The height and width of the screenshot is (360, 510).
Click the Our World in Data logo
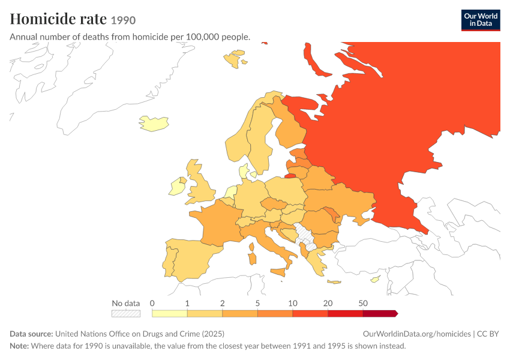(x=481, y=20)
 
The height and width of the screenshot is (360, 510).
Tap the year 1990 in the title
(x=123, y=20)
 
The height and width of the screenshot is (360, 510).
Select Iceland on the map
(x=154, y=124)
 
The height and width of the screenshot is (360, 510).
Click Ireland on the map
(x=176, y=187)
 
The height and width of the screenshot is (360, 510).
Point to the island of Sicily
(x=278, y=272)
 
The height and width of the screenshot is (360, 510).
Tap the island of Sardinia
(x=252, y=259)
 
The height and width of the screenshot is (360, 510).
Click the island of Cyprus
(x=376, y=279)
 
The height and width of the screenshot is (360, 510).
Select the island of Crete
(x=334, y=282)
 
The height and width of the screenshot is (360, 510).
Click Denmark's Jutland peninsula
(x=243, y=171)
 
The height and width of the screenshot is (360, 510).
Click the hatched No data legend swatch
(x=126, y=313)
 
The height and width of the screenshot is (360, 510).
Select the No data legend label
(x=126, y=304)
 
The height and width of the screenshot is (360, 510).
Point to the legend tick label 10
(x=292, y=304)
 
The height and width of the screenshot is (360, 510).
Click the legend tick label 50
(x=363, y=304)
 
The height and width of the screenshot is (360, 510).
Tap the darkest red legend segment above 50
(x=380, y=313)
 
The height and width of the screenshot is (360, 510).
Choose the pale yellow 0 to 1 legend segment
(x=169, y=313)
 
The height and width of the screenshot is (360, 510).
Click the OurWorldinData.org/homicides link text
(x=416, y=334)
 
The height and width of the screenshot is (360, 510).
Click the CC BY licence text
(x=488, y=334)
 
